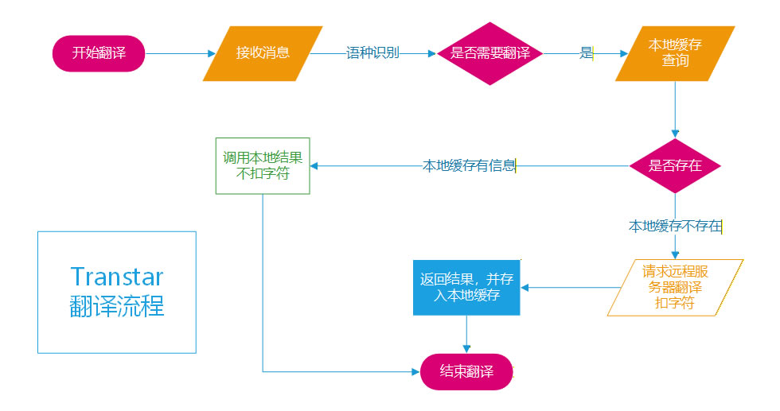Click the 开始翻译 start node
tap(99, 53)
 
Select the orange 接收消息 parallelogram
tap(263, 53)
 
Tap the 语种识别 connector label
tap(372, 53)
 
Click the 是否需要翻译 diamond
tap(489, 53)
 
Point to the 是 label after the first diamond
tap(586, 53)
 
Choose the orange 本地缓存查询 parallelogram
tap(675, 53)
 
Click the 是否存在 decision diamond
tap(675, 166)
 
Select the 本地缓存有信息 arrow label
tap(469, 166)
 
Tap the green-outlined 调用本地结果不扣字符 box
tap(263, 165)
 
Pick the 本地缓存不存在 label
tap(675, 227)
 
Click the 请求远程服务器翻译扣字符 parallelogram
tap(675, 287)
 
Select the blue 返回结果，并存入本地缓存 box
tap(466, 287)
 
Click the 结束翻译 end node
tap(466, 371)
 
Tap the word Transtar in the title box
tap(117, 277)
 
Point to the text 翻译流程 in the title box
tap(117, 306)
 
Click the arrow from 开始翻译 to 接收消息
tap(179, 53)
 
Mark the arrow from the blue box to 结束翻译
tap(466, 334)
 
